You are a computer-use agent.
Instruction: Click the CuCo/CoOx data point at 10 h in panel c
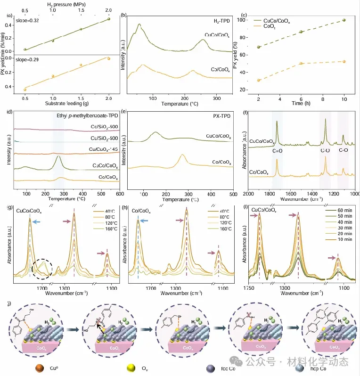tap(344, 20)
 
